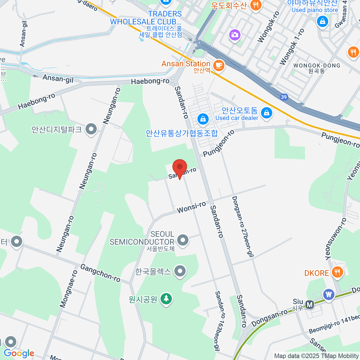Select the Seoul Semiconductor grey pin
(182, 240)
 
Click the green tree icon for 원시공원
(166, 299)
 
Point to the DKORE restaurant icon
(337, 272)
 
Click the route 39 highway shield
(284, 97)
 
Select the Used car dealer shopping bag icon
(266, 113)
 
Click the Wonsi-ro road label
(191, 207)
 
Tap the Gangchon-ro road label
(100, 273)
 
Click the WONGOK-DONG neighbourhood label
(317, 66)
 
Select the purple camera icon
(235, 34)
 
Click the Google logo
(19, 353)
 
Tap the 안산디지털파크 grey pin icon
(91, 130)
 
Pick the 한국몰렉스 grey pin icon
(180, 271)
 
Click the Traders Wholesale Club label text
(146, 18)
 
